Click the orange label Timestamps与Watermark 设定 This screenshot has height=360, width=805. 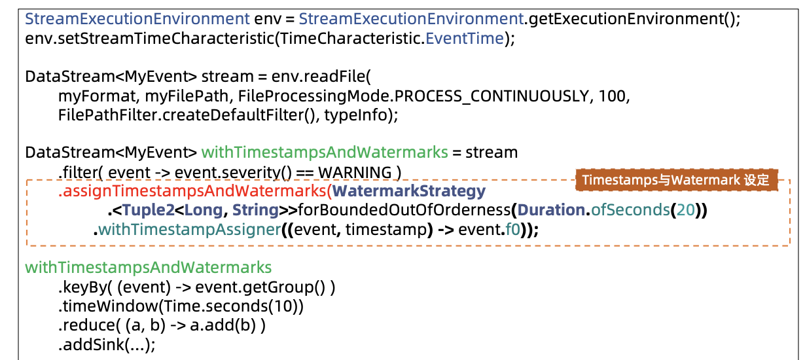point(676,180)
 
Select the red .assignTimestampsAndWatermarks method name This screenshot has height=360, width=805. point(193,191)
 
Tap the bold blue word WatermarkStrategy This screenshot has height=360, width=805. point(409,191)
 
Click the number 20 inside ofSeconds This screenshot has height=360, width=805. point(685,210)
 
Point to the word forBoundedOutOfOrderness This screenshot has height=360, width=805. point(404,210)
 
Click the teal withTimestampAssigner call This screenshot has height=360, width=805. point(189,230)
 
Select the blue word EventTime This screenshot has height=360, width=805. point(465,39)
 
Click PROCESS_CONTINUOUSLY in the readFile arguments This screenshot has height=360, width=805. point(492,96)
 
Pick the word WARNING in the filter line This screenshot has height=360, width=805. point(355,173)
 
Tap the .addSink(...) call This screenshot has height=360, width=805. point(107,345)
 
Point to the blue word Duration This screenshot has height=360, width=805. point(551,210)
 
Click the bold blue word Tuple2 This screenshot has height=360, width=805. point(149,211)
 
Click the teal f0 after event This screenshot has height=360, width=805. point(512,230)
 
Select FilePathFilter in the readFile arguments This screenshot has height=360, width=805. point(108,115)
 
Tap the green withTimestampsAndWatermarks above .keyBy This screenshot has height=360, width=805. point(148,268)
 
